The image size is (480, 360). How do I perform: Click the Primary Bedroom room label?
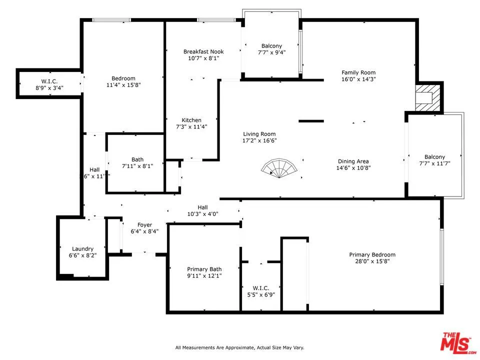tap(372, 254)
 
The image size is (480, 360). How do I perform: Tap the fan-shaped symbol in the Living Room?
tap(280, 168)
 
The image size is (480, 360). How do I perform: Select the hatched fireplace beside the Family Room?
tap(428, 97)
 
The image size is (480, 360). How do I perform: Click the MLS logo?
tap(455, 342)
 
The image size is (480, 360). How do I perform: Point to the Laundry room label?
tap(82, 248)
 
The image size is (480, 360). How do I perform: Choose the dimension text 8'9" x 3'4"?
tap(49, 88)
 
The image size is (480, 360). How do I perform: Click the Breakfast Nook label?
tap(203, 51)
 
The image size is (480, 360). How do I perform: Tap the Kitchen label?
tap(191, 120)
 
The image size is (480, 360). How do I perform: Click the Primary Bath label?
tap(204, 268)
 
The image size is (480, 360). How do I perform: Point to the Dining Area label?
tap(353, 161)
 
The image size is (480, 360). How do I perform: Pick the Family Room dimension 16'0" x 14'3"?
tap(358, 79)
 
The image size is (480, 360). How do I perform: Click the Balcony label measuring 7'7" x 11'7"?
tap(434, 156)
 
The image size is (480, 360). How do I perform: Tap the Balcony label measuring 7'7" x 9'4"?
tap(271, 46)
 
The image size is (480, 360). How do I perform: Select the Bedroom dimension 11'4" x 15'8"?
tap(123, 85)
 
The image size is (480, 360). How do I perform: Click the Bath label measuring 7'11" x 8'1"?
tap(137, 159)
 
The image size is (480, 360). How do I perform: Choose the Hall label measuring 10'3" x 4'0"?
tap(202, 207)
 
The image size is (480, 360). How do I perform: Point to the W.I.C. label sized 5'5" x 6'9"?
tap(261, 288)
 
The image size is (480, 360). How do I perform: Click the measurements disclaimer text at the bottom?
tap(239, 347)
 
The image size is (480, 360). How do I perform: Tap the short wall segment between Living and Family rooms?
tap(311, 121)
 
